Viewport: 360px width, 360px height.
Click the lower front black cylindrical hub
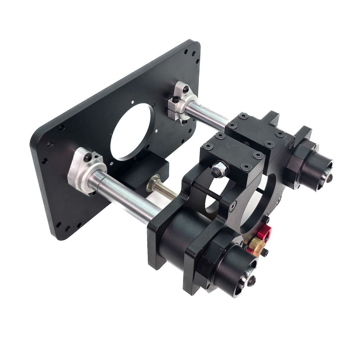(x=237, y=273)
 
